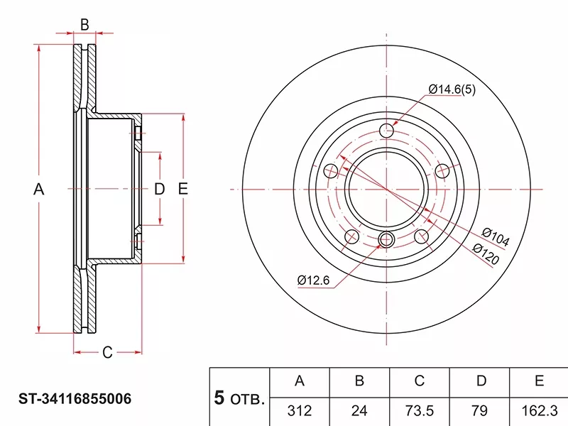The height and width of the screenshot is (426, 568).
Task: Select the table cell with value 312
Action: point(300,410)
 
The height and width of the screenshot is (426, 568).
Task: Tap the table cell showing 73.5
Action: point(420,410)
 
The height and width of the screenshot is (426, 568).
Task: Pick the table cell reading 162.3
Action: point(539,410)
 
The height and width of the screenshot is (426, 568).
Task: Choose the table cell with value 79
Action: point(481,410)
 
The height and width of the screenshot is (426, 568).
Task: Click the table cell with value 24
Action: point(359,410)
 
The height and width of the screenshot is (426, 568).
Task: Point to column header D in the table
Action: point(481,382)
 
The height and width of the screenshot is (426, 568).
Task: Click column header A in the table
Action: point(300,382)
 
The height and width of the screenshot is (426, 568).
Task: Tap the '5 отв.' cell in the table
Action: point(239,398)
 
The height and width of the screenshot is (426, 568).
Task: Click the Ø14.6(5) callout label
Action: point(451,89)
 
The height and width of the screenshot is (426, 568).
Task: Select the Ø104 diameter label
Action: point(495,237)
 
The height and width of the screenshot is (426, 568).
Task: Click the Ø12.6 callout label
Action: point(314,280)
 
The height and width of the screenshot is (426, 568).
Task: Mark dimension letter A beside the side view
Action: point(40,190)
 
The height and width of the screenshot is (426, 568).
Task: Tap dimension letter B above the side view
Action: point(84,25)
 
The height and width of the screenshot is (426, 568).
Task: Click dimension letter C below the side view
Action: point(107,351)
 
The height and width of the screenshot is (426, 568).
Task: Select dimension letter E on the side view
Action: point(182,190)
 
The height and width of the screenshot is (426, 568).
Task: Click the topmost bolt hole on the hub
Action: point(387,131)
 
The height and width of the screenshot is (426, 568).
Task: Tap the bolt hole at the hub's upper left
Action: point(331,170)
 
